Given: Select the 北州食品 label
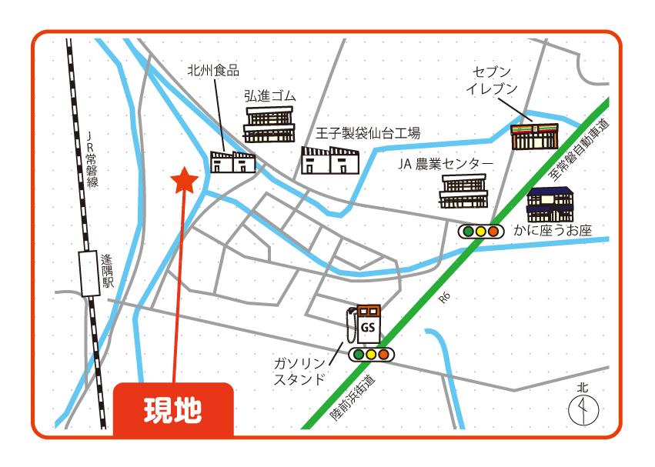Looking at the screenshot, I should click(x=213, y=70).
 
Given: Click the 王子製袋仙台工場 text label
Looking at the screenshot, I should click(x=368, y=133).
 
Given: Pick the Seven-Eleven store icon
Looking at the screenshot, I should click(x=534, y=135).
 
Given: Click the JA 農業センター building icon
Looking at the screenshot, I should click(x=463, y=191).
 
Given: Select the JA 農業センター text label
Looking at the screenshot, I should click(x=445, y=163).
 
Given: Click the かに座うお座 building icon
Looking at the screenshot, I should click(x=550, y=204).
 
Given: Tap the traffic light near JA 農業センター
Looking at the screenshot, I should click(x=480, y=230).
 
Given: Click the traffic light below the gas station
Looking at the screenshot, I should click(x=371, y=355).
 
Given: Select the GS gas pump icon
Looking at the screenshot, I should click(x=366, y=325).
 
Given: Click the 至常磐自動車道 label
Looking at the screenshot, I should click(x=579, y=151).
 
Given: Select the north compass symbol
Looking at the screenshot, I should click(x=583, y=409).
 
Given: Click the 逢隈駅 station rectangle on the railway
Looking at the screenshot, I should click(x=89, y=274).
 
